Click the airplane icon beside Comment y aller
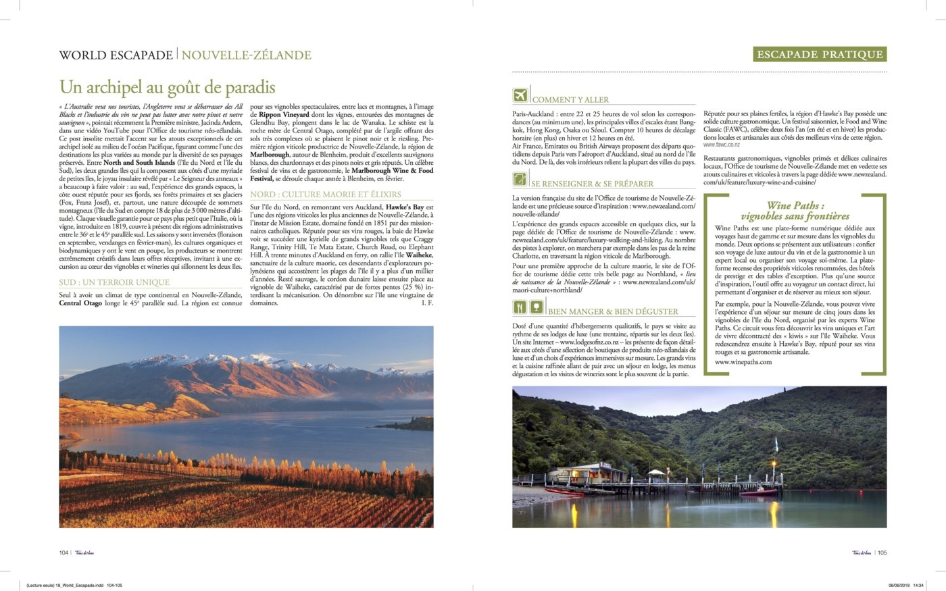click(x=520, y=95)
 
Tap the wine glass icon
click(x=537, y=307)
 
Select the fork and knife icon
click(x=520, y=307)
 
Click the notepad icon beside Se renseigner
click(x=520, y=179)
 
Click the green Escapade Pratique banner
click(x=820, y=55)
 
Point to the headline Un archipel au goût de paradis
click(x=168, y=87)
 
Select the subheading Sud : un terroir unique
click(x=114, y=282)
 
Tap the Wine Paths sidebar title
click(x=795, y=211)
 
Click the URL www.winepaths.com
click(x=743, y=362)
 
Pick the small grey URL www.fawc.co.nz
click(x=722, y=145)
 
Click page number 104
click(x=64, y=553)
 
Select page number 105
click(x=882, y=553)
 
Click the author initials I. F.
click(x=427, y=303)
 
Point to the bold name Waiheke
click(x=419, y=255)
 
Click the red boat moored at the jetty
click(x=758, y=492)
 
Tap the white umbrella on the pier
click(x=656, y=472)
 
